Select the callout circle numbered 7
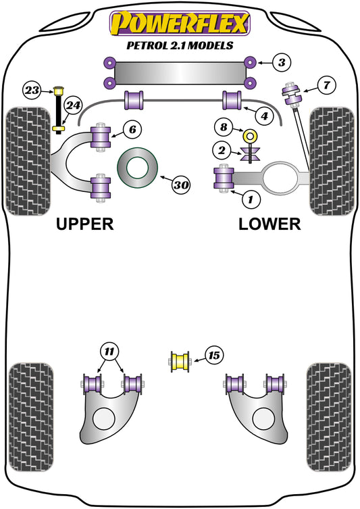coord(326,85)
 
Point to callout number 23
coord(32,89)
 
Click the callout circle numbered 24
coord(74,105)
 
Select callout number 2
coord(223,150)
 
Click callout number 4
coord(265,116)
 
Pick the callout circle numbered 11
coord(109,351)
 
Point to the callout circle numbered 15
coord(213,356)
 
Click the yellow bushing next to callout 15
coord(180,361)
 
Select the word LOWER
coord(269,224)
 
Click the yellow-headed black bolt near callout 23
coord(59,108)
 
